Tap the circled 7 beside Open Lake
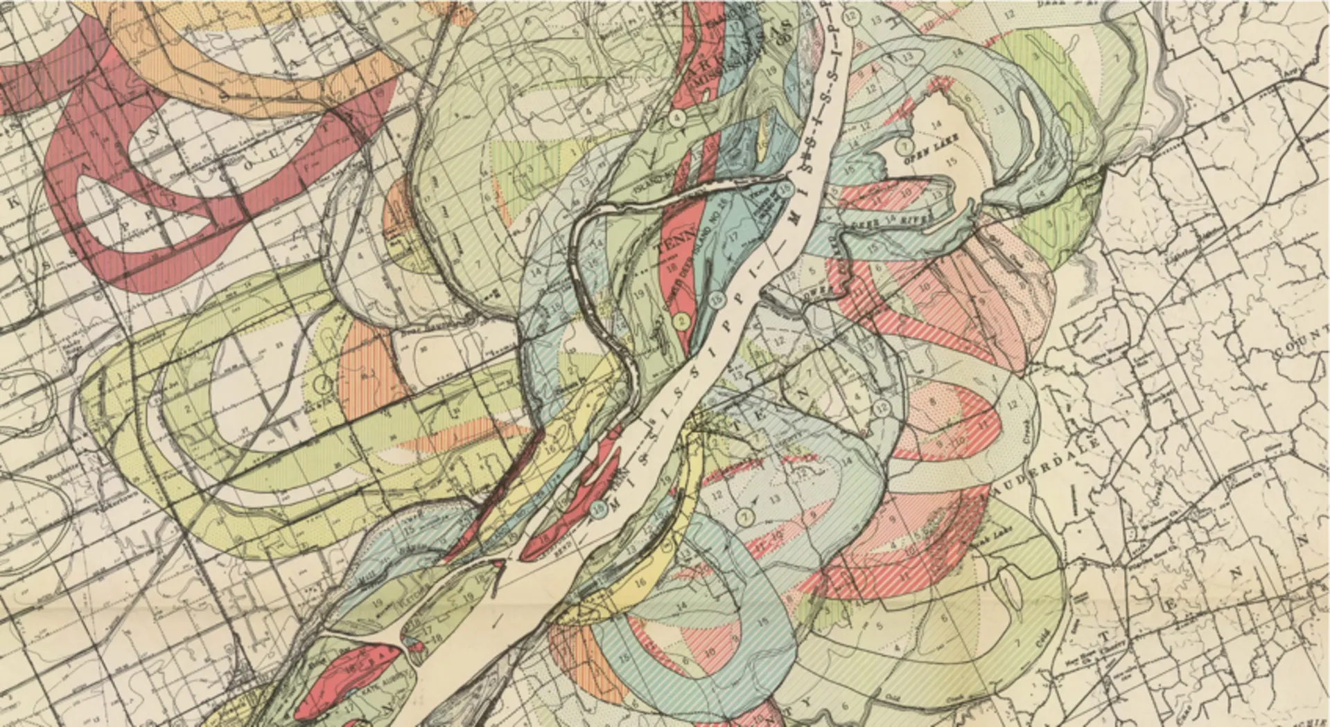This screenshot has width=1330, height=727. point(904,146)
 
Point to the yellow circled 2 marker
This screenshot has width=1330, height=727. point(681,321)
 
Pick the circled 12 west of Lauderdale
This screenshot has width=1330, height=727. point(882,407)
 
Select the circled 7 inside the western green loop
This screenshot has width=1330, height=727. point(322,382)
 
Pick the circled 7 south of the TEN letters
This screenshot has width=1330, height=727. point(745,517)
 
